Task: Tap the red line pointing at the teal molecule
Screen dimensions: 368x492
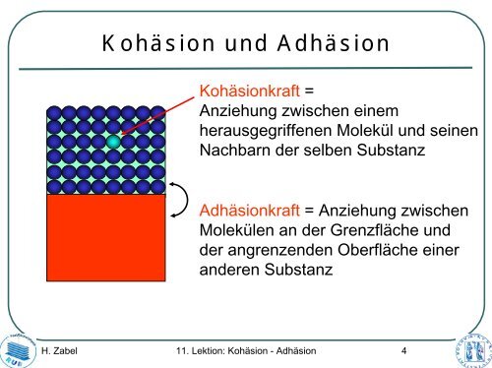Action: point(157,114)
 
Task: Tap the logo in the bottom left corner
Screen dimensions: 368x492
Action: point(18,345)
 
